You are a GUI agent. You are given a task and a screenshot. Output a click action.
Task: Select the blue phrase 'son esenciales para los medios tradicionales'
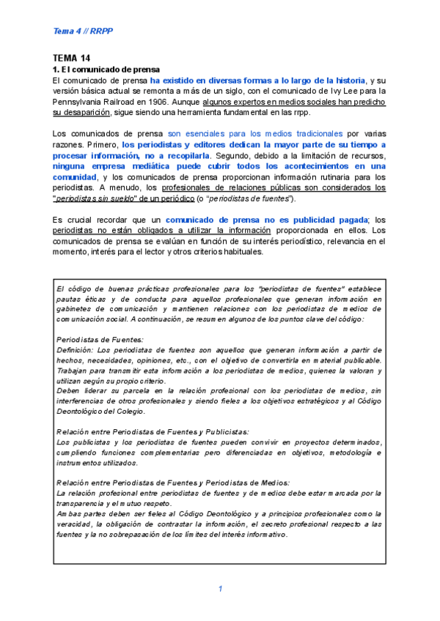click(255, 134)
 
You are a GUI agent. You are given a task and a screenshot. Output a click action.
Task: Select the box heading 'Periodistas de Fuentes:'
click(100, 339)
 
